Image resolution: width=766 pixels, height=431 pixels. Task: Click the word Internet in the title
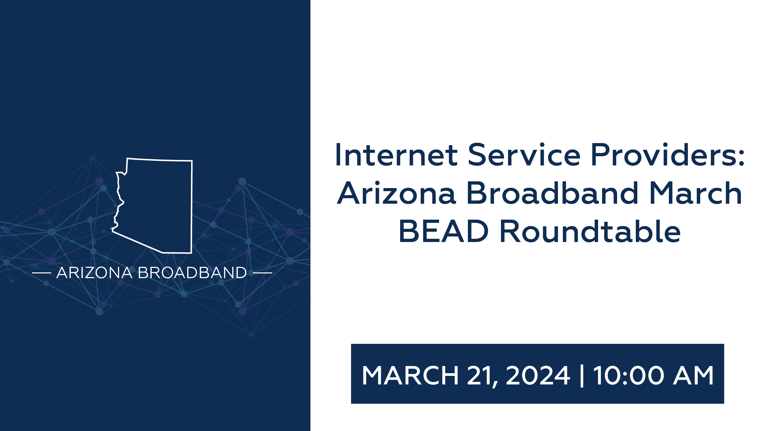click(396, 155)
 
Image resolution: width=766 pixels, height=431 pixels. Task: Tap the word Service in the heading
click(524, 155)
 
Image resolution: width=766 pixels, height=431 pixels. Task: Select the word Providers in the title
click(663, 155)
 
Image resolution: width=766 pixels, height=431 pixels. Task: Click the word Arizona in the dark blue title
click(396, 193)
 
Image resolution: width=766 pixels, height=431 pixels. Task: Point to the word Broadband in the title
click(552, 193)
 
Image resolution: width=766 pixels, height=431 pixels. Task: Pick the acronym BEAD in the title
click(444, 232)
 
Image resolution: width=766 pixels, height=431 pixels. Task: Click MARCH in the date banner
click(410, 375)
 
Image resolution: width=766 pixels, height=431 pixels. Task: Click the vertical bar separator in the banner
click(582, 376)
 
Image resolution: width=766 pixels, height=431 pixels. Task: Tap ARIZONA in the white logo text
click(94, 273)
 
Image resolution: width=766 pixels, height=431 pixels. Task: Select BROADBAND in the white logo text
click(192, 273)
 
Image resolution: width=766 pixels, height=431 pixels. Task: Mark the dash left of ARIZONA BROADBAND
click(41, 273)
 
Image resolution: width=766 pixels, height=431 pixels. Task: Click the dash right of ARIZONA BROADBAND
click(263, 273)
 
